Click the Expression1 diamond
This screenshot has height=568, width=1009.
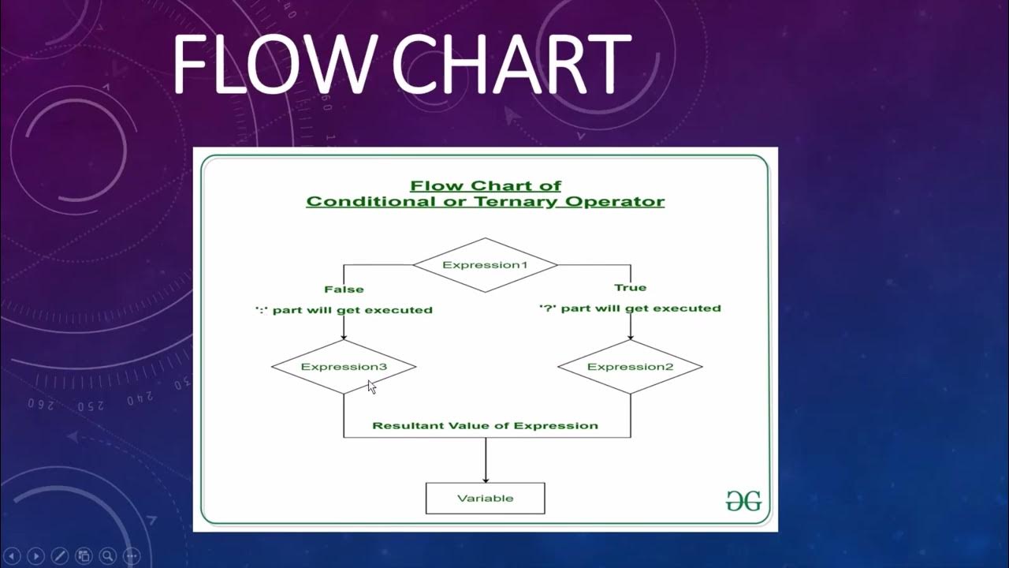click(x=485, y=265)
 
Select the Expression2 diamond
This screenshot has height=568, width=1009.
click(x=630, y=367)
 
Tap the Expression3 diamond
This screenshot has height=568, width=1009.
click(x=344, y=367)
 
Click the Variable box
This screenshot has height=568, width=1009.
click(x=485, y=499)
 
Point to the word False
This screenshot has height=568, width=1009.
click(x=344, y=290)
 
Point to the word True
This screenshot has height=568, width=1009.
click(x=630, y=287)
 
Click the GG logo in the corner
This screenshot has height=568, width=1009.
click(x=743, y=501)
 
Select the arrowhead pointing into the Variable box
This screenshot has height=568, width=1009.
click(x=485, y=478)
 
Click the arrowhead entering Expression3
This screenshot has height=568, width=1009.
click(x=344, y=336)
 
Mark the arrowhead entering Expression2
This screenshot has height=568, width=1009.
click(x=630, y=336)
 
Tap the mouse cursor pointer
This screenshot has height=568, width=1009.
click(x=371, y=387)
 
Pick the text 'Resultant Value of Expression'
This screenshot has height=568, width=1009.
click(x=485, y=426)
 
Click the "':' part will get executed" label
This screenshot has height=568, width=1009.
click(x=344, y=310)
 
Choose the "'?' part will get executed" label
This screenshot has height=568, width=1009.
click(x=630, y=308)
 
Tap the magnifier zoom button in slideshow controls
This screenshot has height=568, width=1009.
click(x=107, y=555)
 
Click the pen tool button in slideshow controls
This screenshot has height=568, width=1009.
click(x=60, y=555)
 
